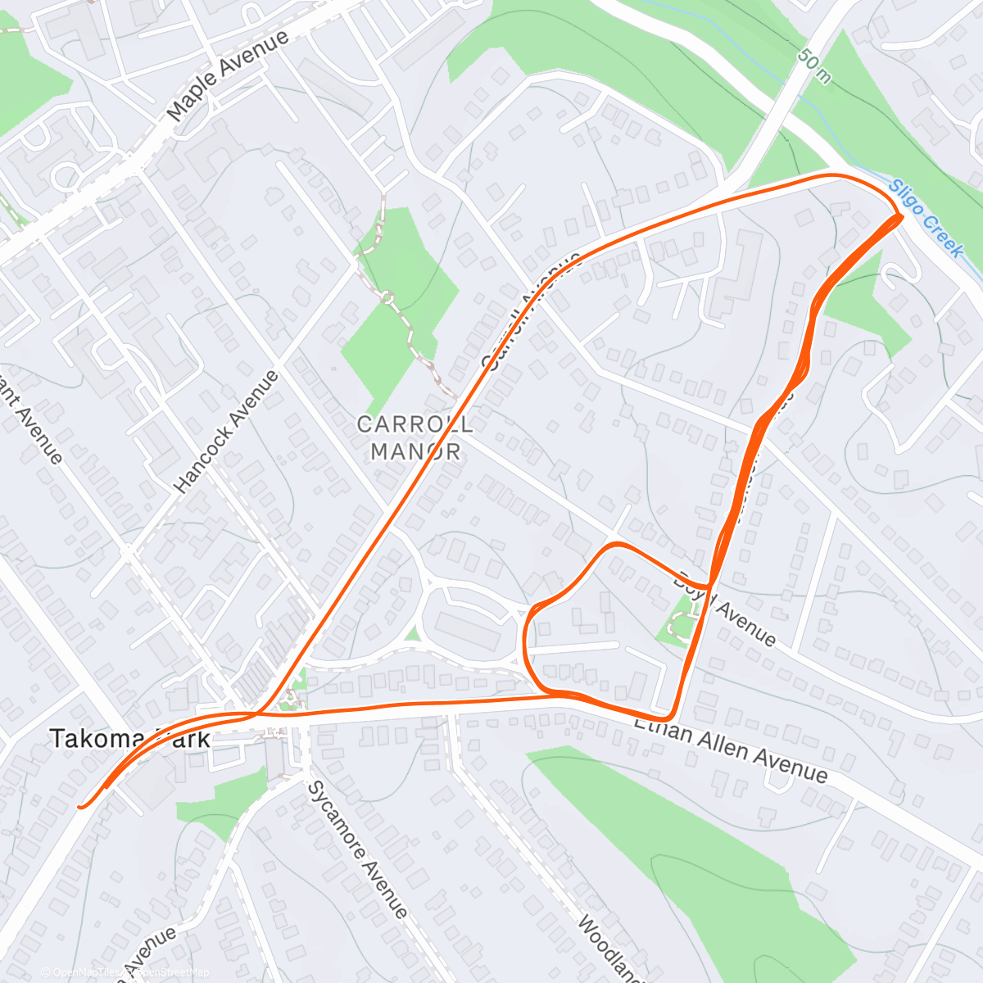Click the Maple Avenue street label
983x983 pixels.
[x=229, y=76]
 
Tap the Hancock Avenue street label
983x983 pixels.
[x=227, y=432]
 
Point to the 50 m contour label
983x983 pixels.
[x=813, y=66]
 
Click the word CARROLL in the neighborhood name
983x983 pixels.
[x=414, y=424]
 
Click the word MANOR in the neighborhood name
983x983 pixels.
[x=415, y=451]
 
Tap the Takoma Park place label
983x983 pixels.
[x=129, y=739]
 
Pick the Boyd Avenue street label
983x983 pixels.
[x=724, y=608]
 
